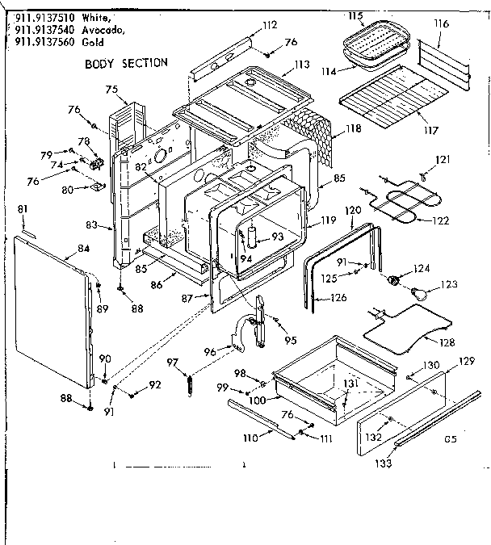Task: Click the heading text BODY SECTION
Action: coord(126,63)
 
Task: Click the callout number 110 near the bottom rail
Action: coord(250,437)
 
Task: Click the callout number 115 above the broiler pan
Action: coord(355,16)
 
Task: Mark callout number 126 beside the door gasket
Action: coord(338,297)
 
